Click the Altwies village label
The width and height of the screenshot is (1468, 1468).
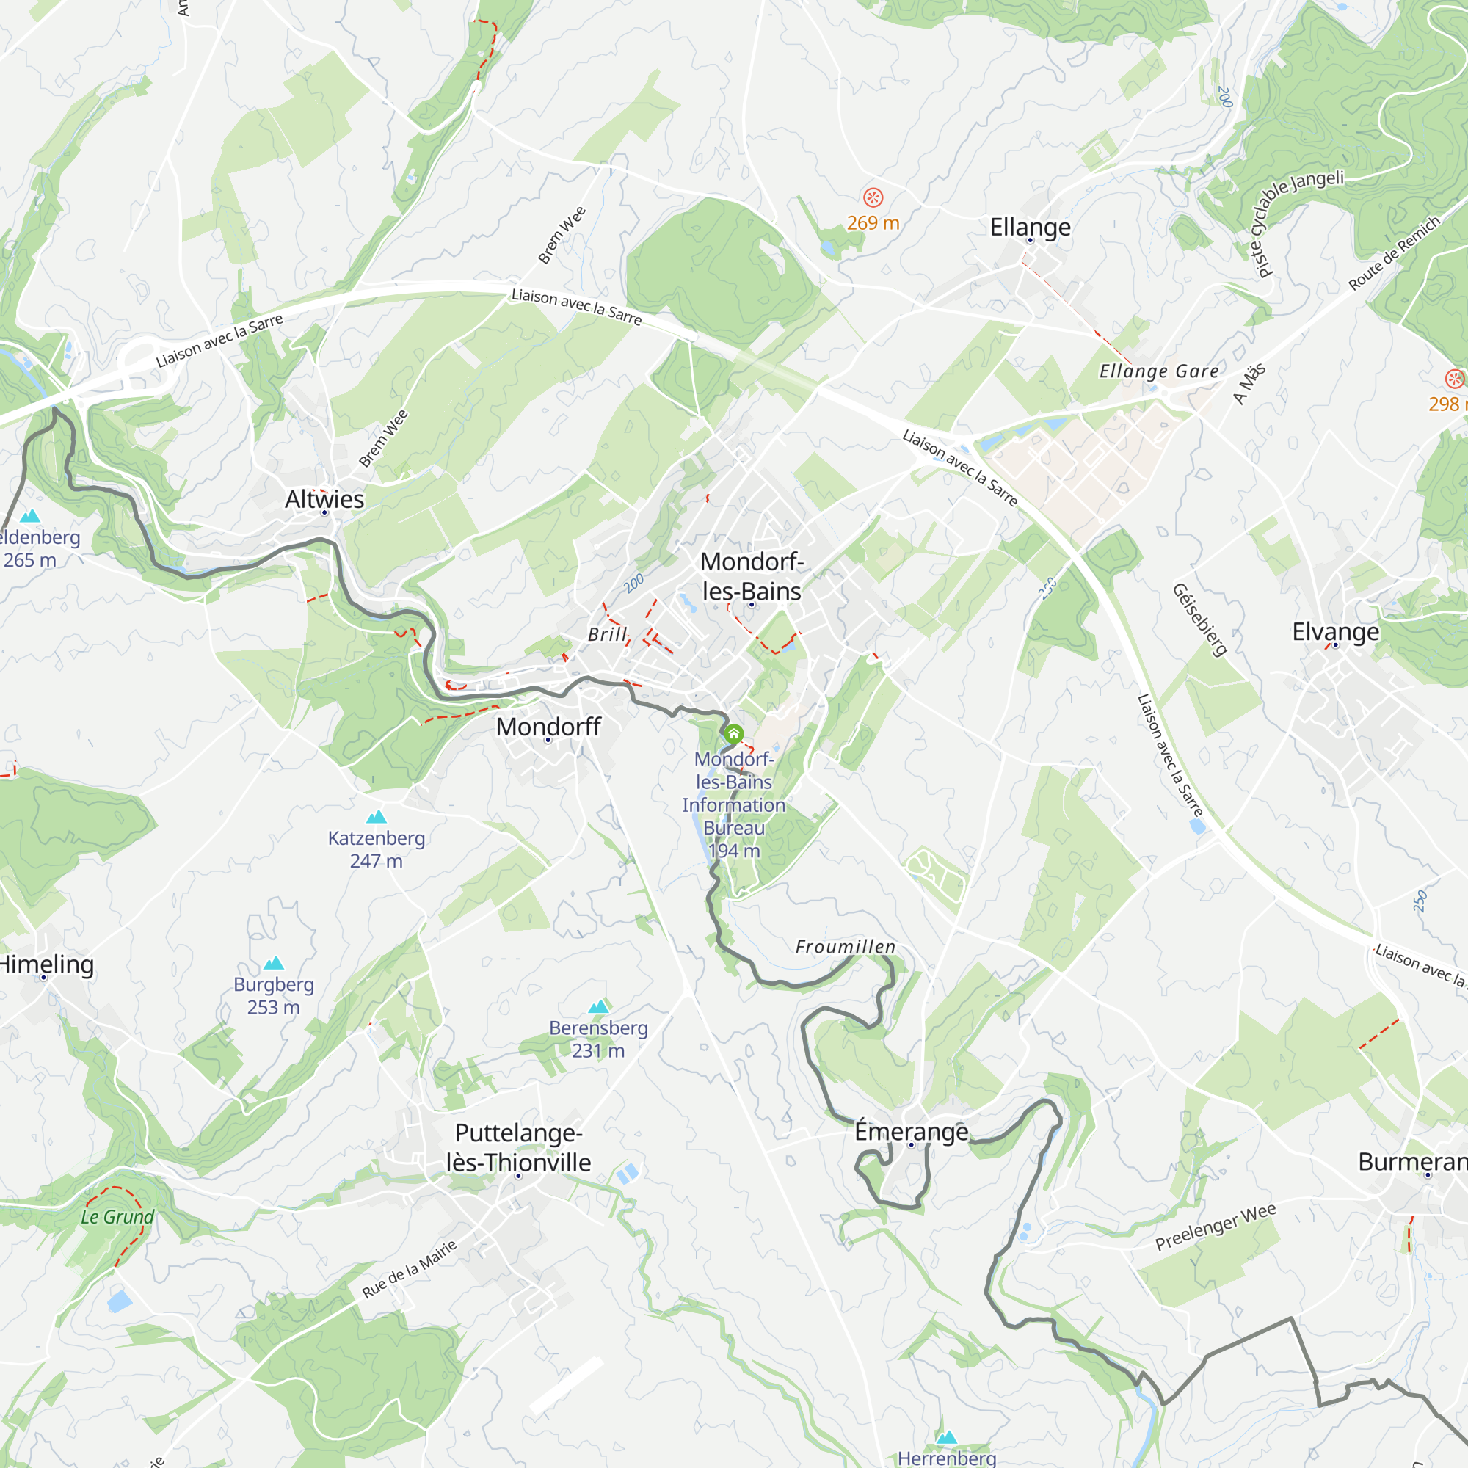pyautogui.click(x=324, y=499)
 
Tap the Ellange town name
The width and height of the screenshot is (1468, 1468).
pyautogui.click(x=1030, y=228)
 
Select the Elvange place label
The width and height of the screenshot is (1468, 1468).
pyautogui.click(x=1335, y=631)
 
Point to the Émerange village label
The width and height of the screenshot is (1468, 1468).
pyautogui.click(x=911, y=1131)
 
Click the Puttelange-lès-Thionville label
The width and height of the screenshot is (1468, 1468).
pyautogui.click(x=518, y=1147)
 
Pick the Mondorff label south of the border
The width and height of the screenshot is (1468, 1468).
pyautogui.click(x=548, y=727)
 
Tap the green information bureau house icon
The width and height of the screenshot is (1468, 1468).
pyautogui.click(x=733, y=734)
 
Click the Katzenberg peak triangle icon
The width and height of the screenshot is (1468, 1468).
pyautogui.click(x=376, y=817)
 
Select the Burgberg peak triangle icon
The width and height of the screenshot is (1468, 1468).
pyautogui.click(x=274, y=964)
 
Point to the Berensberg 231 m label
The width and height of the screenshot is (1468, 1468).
pyautogui.click(x=598, y=1039)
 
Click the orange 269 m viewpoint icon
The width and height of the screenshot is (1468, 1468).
pyautogui.click(x=873, y=197)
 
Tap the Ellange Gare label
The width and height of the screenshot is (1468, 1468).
pyautogui.click(x=1158, y=371)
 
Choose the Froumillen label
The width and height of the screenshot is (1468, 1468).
pyautogui.click(x=845, y=947)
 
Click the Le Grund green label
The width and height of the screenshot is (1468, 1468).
pyautogui.click(x=117, y=1216)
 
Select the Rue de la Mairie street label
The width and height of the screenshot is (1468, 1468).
pyautogui.click(x=410, y=1268)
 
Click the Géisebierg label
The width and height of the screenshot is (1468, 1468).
pyautogui.click(x=1200, y=619)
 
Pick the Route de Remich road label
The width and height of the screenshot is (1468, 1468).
pyautogui.click(x=1394, y=253)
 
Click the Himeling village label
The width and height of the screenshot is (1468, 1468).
pyautogui.click(x=46, y=964)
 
